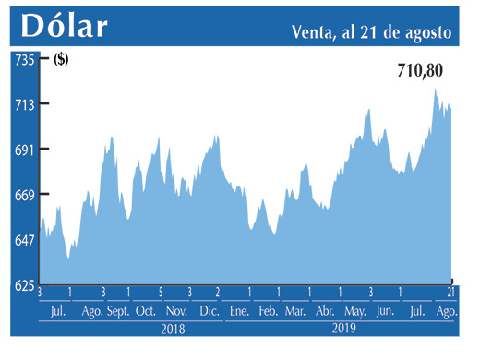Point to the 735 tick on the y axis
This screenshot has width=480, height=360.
[23, 59]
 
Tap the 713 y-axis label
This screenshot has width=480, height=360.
[23, 104]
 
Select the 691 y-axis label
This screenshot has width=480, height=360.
[23, 150]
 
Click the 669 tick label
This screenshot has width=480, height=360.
[23, 194]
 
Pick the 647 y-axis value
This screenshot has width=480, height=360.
[23, 239]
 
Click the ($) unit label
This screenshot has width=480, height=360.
[62, 61]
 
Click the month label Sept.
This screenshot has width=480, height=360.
[118, 311]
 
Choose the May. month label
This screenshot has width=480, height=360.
[355, 311]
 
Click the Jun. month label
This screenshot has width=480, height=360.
[386, 311]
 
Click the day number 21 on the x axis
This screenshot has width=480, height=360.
[450, 293]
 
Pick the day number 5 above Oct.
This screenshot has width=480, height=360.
[160, 293]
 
